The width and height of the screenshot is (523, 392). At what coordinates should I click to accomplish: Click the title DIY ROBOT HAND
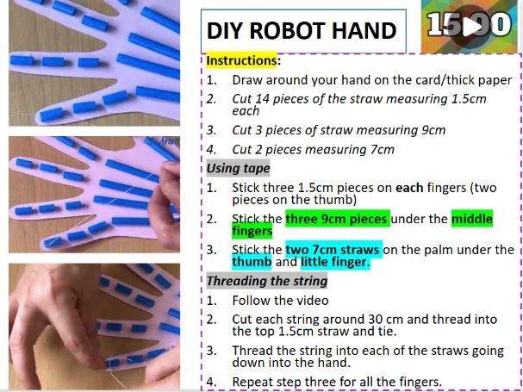pyautogui.click(x=301, y=31)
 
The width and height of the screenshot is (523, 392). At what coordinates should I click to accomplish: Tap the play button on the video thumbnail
pyautogui.click(x=471, y=26)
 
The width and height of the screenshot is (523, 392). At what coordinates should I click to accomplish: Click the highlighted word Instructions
pyautogui.click(x=242, y=61)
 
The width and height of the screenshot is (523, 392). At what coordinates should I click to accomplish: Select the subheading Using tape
pyautogui.click(x=238, y=168)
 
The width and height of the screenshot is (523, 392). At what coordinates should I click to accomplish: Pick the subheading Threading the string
pyautogui.click(x=266, y=281)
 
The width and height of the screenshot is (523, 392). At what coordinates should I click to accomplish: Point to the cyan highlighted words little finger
pyautogui.click(x=334, y=262)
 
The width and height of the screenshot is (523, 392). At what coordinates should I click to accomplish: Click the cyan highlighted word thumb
pyautogui.click(x=252, y=262)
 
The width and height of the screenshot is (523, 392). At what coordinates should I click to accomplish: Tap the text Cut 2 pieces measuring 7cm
pyautogui.click(x=313, y=149)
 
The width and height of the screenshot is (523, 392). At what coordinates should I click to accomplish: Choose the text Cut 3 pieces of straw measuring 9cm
pyautogui.click(x=339, y=130)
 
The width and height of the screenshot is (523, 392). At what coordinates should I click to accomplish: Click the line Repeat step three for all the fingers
pyautogui.click(x=336, y=381)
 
